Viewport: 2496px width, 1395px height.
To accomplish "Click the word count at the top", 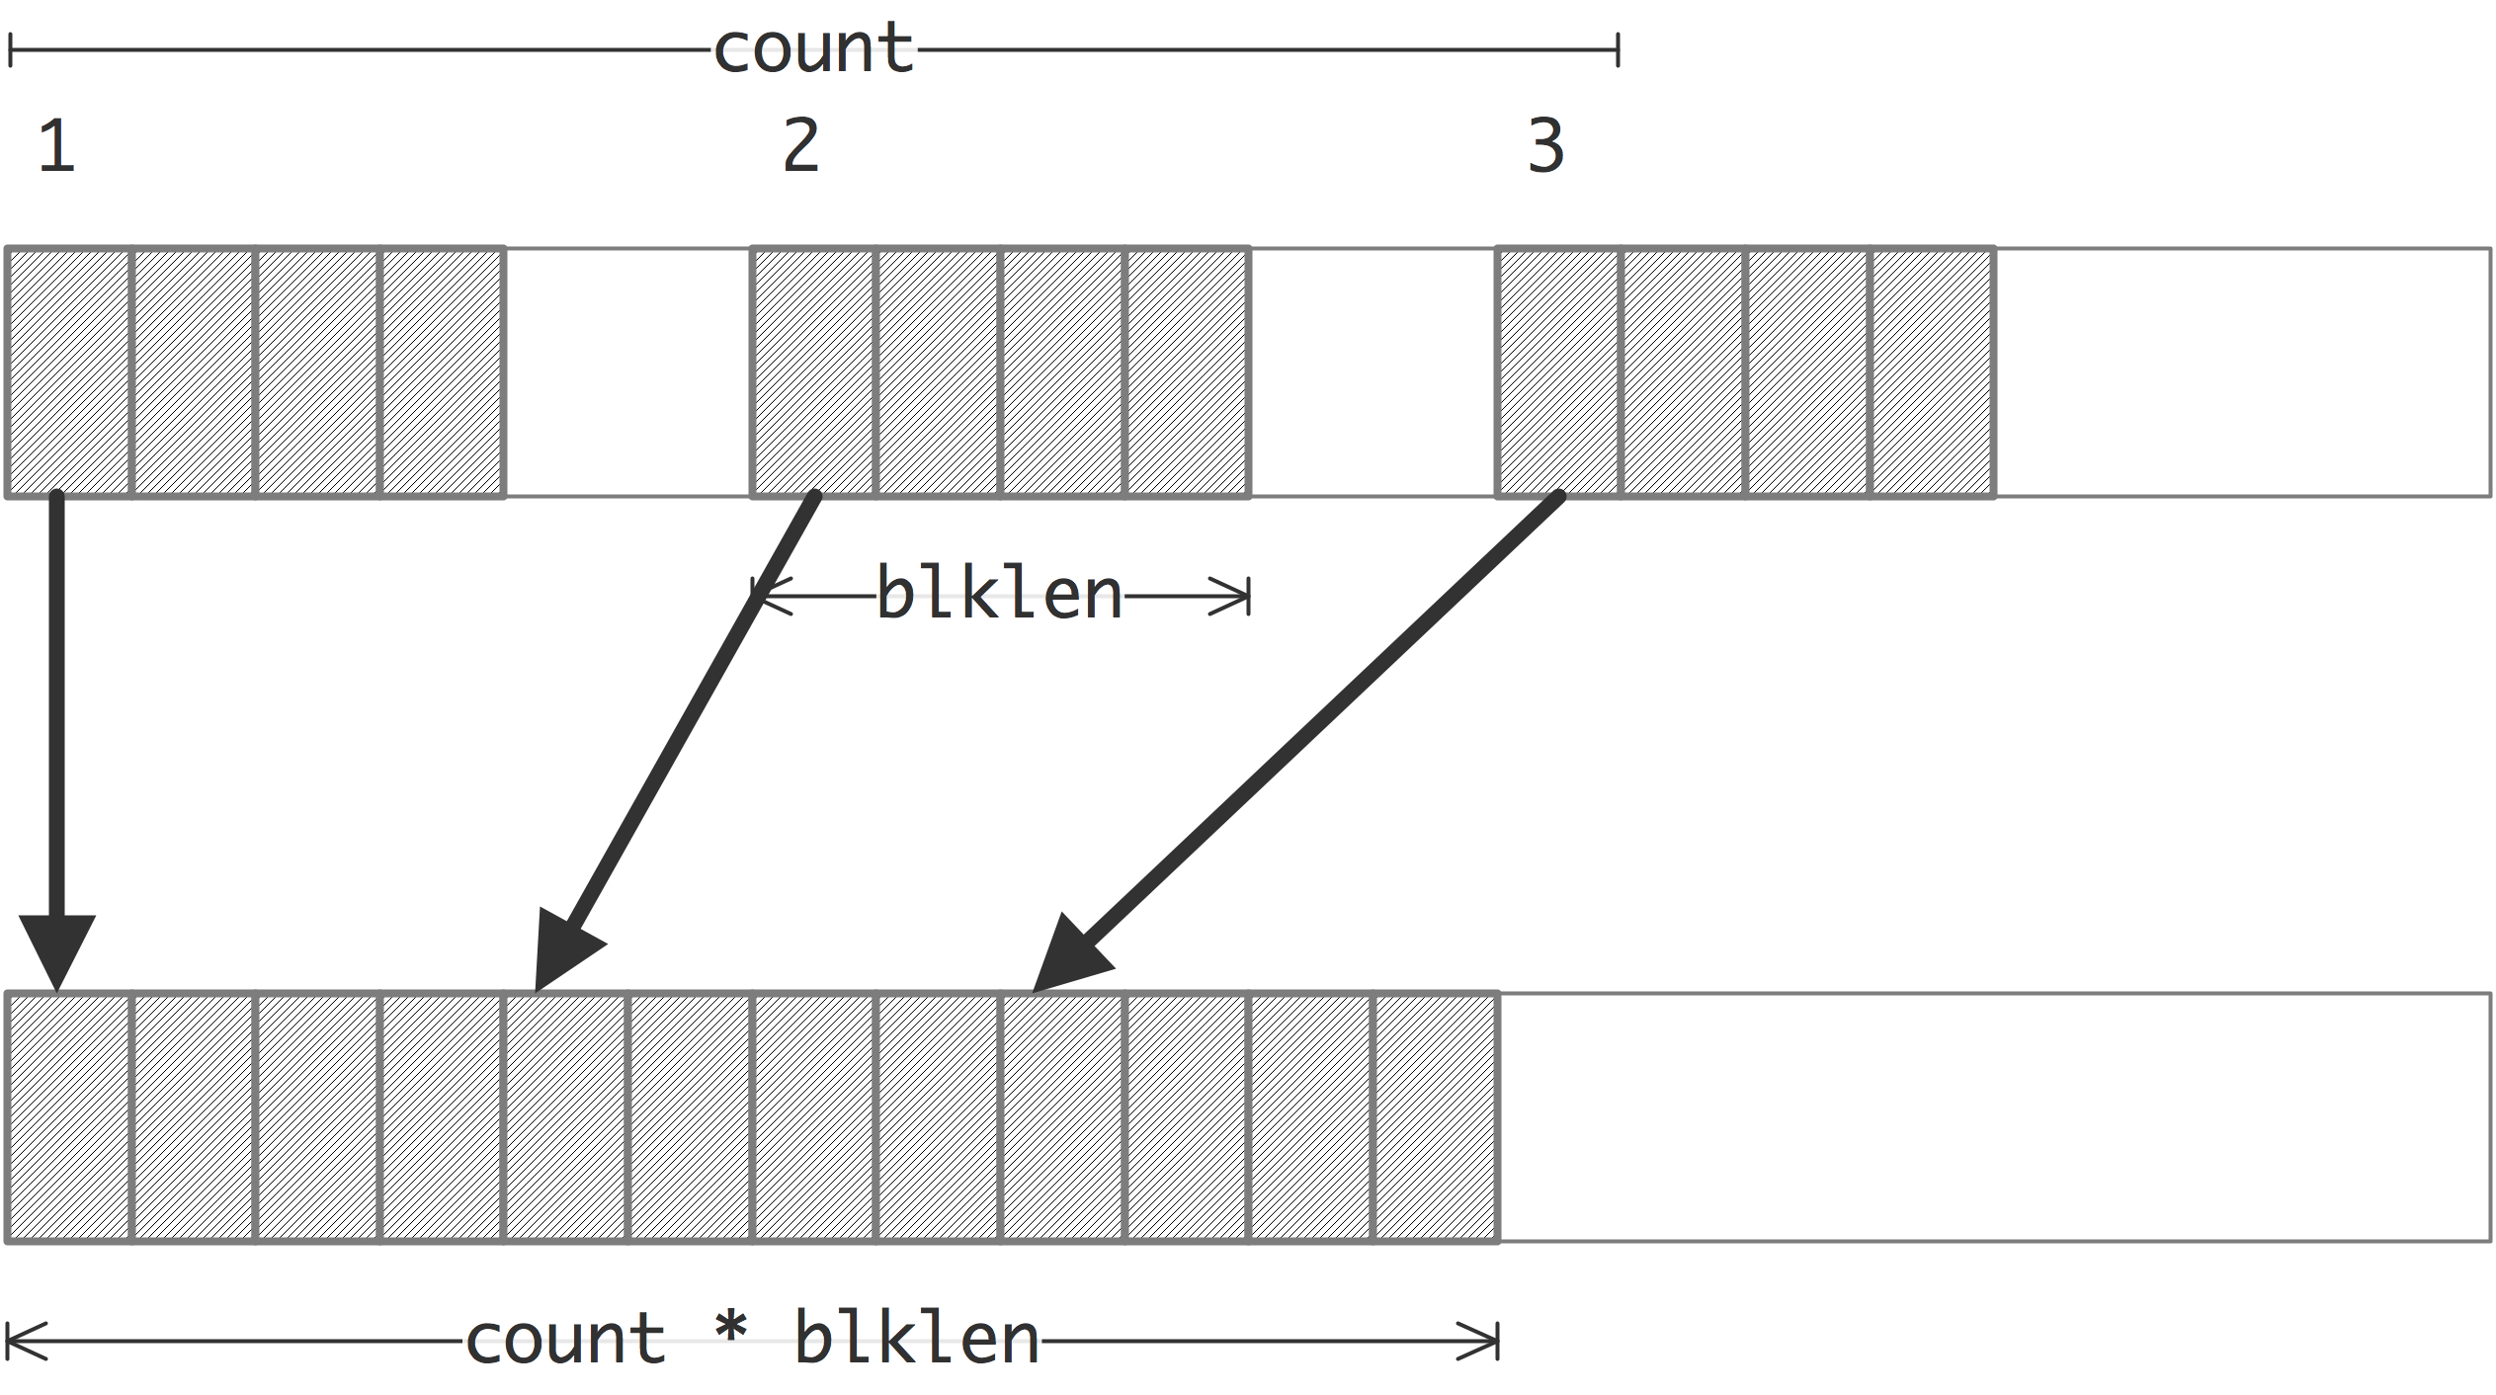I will [813, 49].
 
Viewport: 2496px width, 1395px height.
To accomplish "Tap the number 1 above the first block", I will [56, 146].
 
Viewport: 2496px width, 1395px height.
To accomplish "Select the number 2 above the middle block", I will [801, 146].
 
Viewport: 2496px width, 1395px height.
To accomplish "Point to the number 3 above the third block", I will [1546, 146].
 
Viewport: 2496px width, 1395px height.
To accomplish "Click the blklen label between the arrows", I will [999, 595].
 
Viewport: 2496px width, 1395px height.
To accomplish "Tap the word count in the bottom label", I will [565, 1341].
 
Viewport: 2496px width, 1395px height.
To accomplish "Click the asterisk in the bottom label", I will [731, 1329].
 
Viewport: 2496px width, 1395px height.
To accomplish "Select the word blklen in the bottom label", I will [916, 1341].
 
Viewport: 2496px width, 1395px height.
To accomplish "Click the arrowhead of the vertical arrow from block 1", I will [57, 948].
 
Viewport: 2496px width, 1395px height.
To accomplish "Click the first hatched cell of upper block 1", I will [69, 372].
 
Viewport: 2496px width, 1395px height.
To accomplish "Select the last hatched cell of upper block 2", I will [1187, 372].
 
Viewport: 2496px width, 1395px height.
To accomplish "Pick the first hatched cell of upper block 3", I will [1558, 372].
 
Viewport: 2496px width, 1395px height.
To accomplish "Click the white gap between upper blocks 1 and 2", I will [628, 372].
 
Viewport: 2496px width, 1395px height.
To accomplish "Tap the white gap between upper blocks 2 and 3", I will [1373, 372].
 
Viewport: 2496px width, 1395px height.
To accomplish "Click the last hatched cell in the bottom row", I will [1436, 1117].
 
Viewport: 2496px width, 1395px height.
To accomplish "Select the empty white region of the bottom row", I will [1994, 1117].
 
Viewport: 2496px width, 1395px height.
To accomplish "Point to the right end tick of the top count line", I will [1618, 49].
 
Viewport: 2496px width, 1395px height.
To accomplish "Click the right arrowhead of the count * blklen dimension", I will [1482, 1341].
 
